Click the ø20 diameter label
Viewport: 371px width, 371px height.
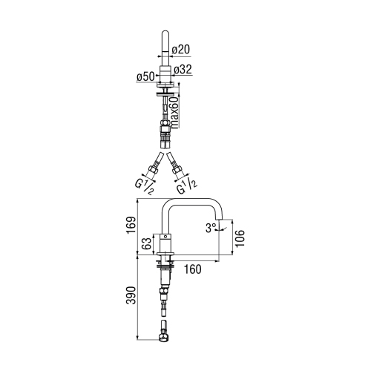[x=182, y=50]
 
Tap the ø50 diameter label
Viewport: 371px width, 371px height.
[x=144, y=77]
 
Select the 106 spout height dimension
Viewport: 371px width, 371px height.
[x=240, y=236]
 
